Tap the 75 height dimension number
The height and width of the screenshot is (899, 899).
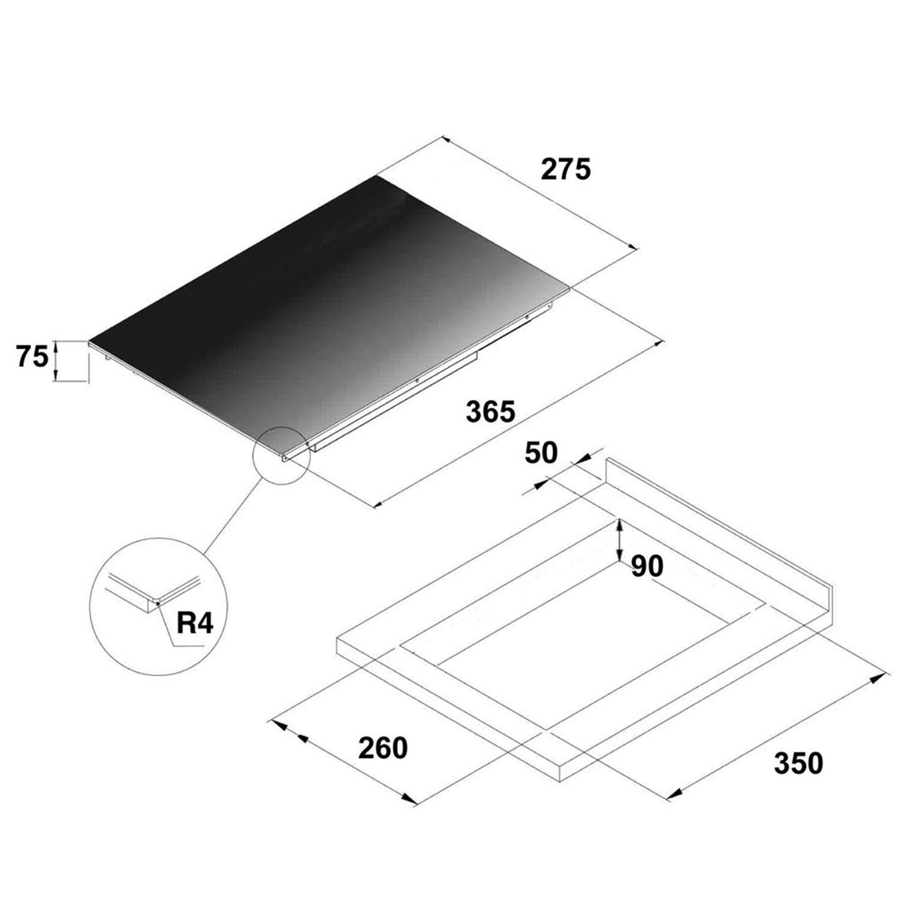tap(32, 357)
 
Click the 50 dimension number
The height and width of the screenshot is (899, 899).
tap(541, 453)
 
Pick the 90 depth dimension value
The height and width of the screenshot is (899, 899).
tap(647, 566)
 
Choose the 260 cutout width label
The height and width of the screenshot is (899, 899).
tap(383, 748)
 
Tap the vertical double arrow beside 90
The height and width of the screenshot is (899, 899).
tap(620, 541)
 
